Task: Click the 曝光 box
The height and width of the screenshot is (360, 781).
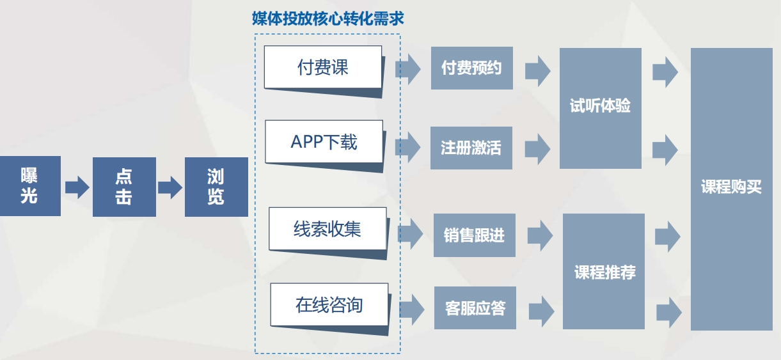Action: [x=30, y=186]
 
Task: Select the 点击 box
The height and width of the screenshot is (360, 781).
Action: [x=124, y=187]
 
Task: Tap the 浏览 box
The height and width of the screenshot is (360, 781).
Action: [x=216, y=187]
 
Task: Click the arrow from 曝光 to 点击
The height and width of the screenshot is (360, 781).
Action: [x=77, y=187]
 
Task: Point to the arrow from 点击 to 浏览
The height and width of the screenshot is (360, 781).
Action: [x=170, y=187]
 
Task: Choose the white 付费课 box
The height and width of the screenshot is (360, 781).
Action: [x=323, y=67]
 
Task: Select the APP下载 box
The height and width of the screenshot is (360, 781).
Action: [x=324, y=142]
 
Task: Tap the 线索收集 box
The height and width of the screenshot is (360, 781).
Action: [x=327, y=229]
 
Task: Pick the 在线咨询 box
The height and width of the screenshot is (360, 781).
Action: [x=329, y=304]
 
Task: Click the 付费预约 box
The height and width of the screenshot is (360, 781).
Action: [x=471, y=68]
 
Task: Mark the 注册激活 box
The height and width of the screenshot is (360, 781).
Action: [x=471, y=148]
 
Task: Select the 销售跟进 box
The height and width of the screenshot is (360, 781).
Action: [x=474, y=235]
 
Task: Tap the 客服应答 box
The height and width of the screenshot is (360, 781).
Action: [x=475, y=308]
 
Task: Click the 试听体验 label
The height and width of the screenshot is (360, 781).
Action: [x=600, y=106]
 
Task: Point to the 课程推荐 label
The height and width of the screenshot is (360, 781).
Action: [x=604, y=272]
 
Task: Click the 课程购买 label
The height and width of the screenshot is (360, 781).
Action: [x=731, y=188]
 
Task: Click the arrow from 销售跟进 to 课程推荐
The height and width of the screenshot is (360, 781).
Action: [x=539, y=235]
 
